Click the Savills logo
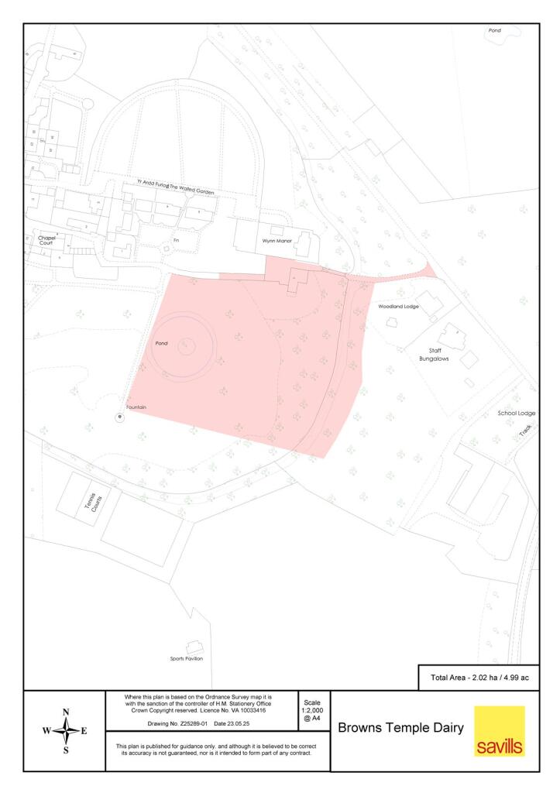click(x=499, y=731)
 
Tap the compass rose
click(x=65, y=730)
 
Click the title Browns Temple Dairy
click(x=401, y=728)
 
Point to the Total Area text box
click(x=479, y=678)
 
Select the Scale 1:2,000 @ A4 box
click(x=313, y=711)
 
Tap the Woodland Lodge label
click(x=398, y=307)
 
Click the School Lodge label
click(x=517, y=414)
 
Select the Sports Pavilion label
click(x=187, y=658)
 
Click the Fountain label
click(x=136, y=407)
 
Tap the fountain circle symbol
click(x=119, y=417)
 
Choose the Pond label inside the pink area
click(x=161, y=342)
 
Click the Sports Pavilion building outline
click(x=194, y=646)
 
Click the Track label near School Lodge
click(x=526, y=429)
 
